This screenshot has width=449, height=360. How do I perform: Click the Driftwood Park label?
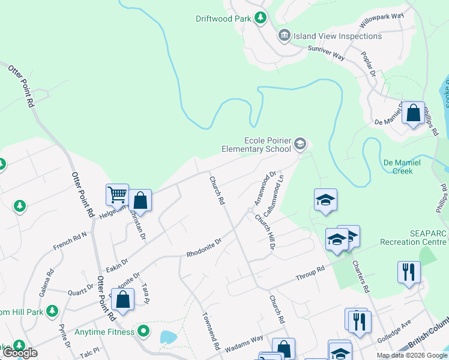coord(223,19)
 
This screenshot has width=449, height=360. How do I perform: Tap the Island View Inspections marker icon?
coord(284,36)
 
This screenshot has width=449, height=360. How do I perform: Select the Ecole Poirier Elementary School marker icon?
coord(300,144)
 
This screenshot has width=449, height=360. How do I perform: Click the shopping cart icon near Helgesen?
coord(117,194)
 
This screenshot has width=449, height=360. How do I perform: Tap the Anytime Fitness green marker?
coord(143,331)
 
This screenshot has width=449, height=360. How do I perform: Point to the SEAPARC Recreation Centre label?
coord(413,238)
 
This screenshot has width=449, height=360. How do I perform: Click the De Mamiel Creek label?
coord(398,166)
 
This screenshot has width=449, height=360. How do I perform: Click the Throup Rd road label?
coord(310,274)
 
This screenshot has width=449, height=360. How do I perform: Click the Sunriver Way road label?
coord(325,52)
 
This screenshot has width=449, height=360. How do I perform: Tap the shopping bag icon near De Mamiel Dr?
coord(414,113)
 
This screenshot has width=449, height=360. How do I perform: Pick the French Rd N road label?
coord(70,242)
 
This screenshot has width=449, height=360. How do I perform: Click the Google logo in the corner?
coord(20,353)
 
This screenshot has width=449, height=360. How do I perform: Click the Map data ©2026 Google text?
coord(411,355)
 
